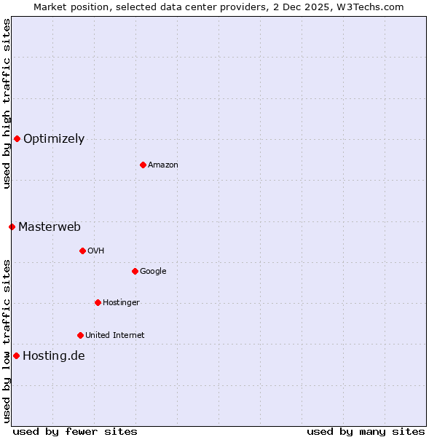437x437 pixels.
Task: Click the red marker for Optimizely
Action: tap(17, 138)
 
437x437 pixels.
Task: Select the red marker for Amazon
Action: tap(143, 165)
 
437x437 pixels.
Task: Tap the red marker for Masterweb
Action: tap(12, 227)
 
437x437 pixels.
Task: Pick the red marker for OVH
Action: tap(82, 251)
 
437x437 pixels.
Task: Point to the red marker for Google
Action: tap(135, 271)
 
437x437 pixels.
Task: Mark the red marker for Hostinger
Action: tap(98, 302)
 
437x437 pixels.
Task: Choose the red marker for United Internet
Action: tap(80, 335)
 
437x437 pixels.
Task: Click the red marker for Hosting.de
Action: tap(16, 355)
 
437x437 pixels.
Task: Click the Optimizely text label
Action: tap(54, 139)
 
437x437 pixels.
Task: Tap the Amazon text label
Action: tap(163, 165)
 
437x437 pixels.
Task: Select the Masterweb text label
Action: tap(50, 227)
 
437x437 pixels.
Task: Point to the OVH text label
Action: tap(96, 251)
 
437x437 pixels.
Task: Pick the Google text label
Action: tap(153, 272)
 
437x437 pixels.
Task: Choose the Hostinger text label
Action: tap(121, 303)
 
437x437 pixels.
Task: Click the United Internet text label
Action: tap(114, 336)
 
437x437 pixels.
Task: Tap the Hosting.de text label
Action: tap(53, 356)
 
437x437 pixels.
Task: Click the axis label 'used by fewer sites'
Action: tap(75, 431)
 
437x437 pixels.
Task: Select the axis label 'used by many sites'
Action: tap(366, 431)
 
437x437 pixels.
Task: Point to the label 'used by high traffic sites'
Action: tap(7, 103)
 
